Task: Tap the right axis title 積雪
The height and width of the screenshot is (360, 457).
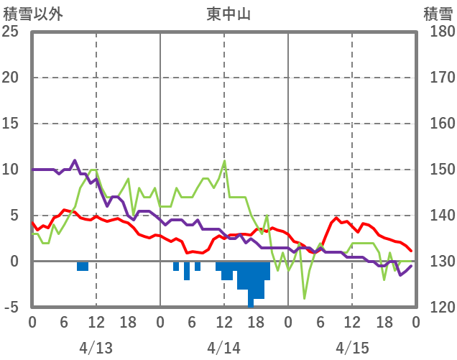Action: (437, 13)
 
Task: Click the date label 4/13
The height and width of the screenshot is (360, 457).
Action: (96, 348)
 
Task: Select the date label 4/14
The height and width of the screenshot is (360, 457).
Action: (224, 348)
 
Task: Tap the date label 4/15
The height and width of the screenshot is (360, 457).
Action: (352, 348)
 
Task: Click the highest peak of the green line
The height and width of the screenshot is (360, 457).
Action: (225, 161)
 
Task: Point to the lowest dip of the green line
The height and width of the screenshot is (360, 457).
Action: (305, 297)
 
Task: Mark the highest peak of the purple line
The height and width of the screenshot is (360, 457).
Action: (75, 161)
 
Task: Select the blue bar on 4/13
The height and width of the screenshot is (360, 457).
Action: (83, 266)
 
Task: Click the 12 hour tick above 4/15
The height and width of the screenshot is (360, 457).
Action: (352, 322)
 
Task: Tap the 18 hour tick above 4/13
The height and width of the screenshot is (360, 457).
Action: (128, 322)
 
